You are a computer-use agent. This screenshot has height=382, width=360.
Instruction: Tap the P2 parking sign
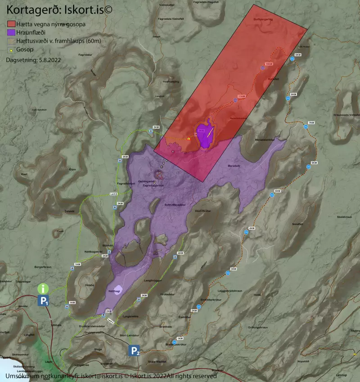pyautogui.click(x=134, y=351)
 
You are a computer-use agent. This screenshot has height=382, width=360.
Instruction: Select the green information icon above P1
pyautogui.click(x=43, y=288)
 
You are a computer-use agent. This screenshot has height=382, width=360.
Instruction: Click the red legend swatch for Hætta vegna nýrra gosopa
pyautogui.click(x=11, y=24)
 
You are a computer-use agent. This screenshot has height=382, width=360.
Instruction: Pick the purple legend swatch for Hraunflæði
pyautogui.click(x=11, y=32)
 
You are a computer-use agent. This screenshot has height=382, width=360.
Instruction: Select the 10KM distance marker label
pyautogui.click(x=269, y=64)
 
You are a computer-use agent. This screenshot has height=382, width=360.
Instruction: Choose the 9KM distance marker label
pyautogui.click(x=297, y=55)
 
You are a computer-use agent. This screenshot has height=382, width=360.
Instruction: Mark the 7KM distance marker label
pyautogui.click(x=311, y=123)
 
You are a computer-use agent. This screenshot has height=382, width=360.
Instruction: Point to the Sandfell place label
pyautogui.click(x=298, y=224)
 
